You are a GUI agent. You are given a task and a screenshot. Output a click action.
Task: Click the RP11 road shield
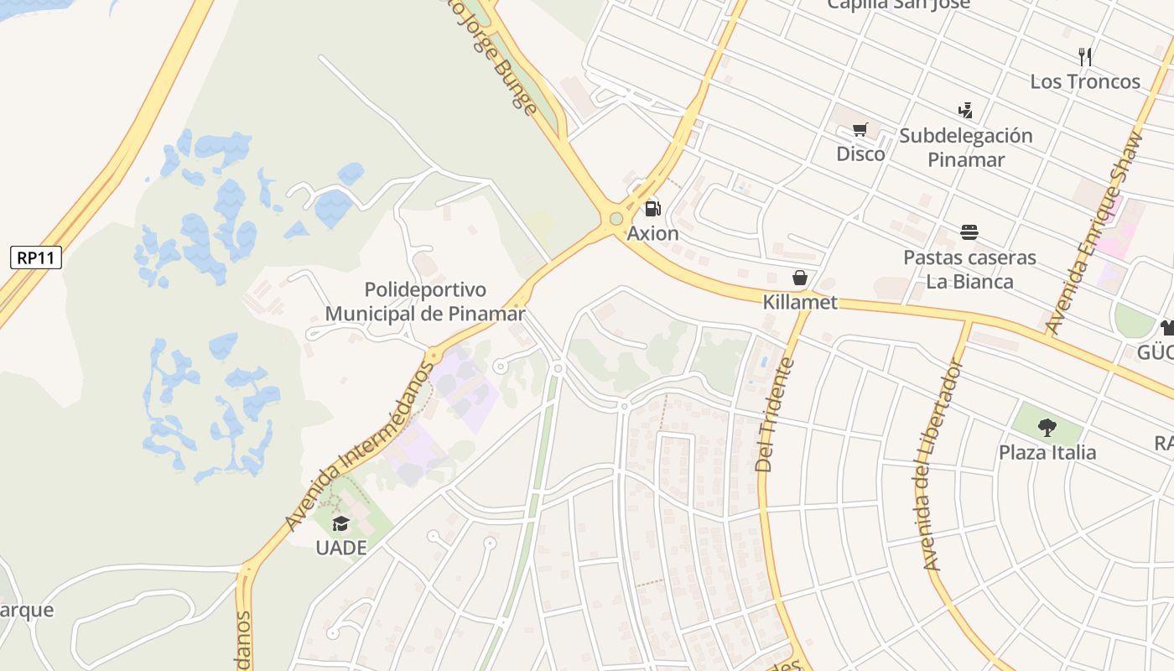point(37,257)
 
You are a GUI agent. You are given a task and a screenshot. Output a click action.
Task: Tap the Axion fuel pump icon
point(652,208)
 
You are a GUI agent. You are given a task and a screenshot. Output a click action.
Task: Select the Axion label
point(652,233)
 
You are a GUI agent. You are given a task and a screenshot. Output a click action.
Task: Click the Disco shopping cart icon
point(860,130)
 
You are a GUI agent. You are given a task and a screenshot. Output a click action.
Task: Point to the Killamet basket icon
point(800,278)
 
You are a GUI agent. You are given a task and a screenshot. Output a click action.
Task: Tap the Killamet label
point(800,302)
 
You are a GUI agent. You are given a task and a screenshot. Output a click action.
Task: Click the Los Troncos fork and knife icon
point(1085,57)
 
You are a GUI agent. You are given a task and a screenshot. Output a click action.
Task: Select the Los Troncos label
point(1085,81)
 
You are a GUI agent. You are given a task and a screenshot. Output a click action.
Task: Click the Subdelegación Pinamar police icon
point(965,110)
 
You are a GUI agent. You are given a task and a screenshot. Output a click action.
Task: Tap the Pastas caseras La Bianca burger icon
point(969,232)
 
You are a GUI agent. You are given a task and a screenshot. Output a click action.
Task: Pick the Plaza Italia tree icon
point(1047,428)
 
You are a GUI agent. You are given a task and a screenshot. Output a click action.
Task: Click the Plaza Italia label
point(1047,452)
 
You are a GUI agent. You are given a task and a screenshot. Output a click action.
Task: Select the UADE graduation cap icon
point(340,524)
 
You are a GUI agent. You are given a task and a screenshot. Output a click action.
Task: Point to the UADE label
point(340,548)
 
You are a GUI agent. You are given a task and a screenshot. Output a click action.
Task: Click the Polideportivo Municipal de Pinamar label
point(425,302)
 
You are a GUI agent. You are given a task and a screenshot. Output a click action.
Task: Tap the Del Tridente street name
point(774,414)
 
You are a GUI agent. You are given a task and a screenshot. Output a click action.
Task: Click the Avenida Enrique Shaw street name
point(1094,233)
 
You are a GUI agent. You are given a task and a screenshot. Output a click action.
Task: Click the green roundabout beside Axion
point(616,219)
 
